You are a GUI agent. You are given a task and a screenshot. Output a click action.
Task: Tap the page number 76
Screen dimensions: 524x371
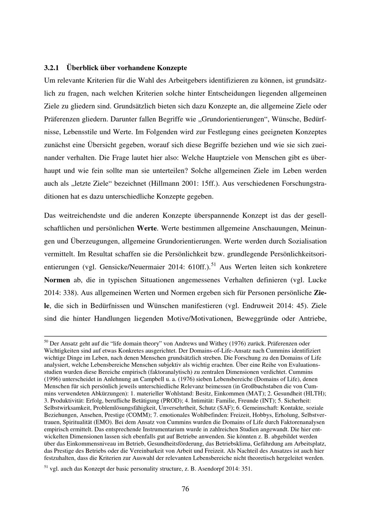[x=185, y=489]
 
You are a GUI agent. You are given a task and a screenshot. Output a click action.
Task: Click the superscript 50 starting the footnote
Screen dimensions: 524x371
[x=46, y=341]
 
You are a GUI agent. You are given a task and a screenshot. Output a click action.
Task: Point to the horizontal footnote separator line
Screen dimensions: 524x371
[x=185, y=336]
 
